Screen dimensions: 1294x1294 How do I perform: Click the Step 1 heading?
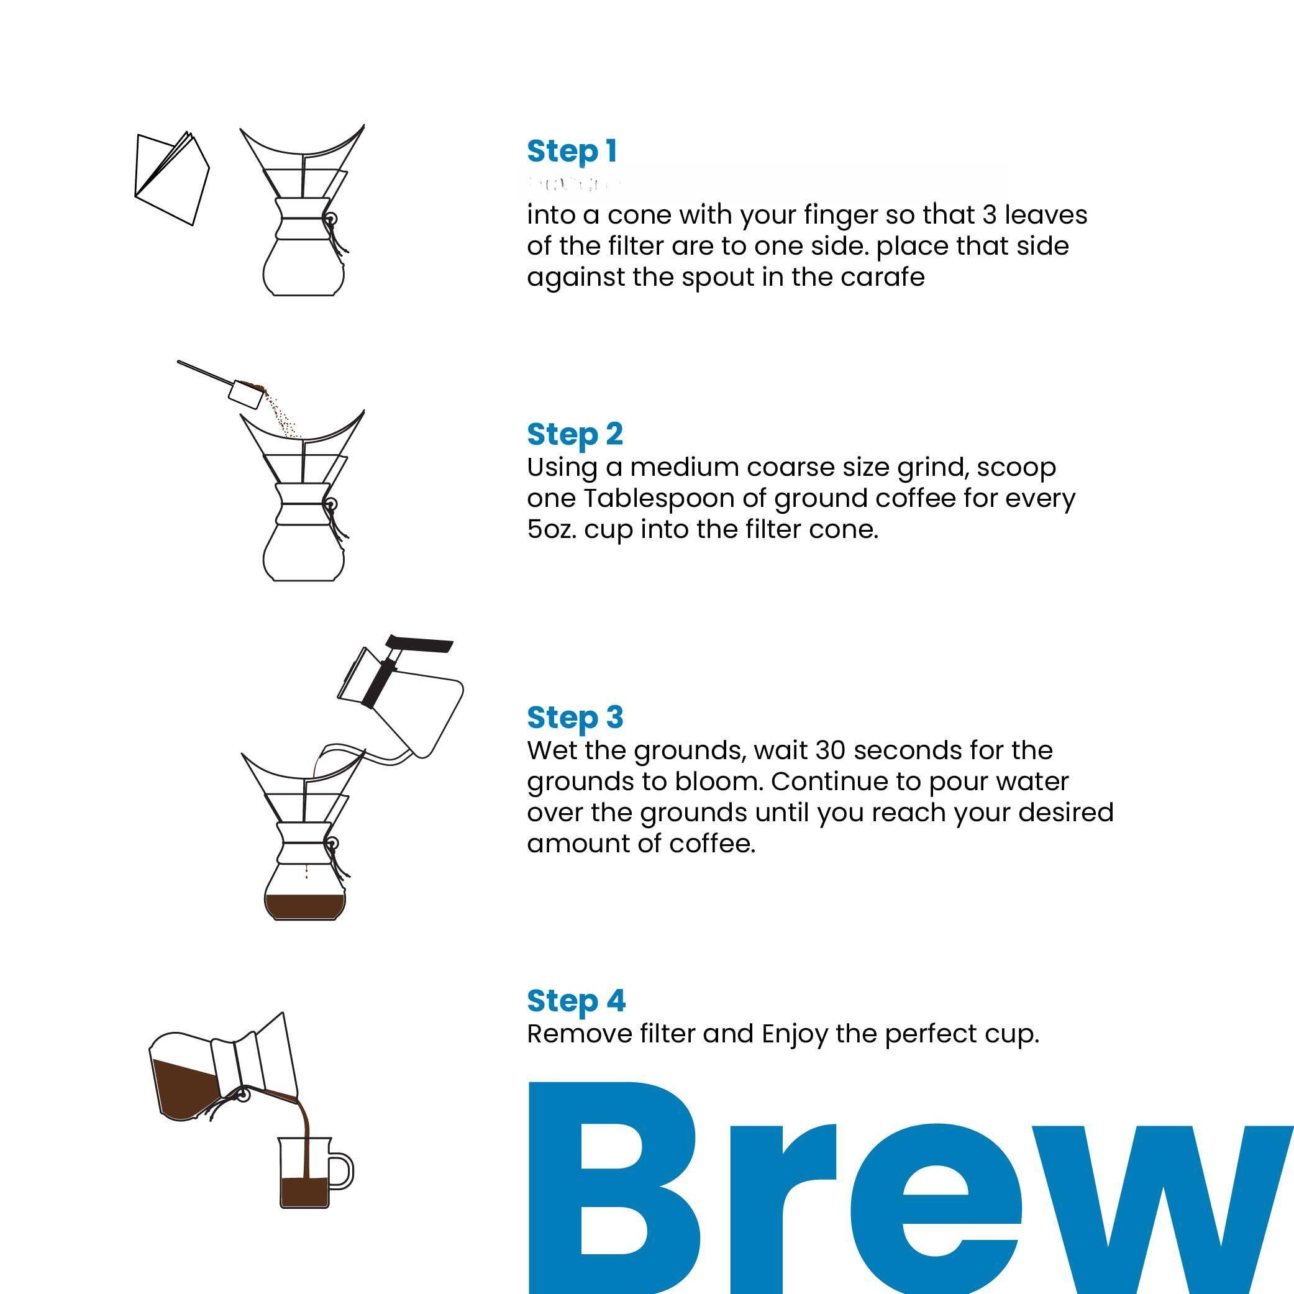572,152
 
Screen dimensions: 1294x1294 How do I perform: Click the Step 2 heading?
575,435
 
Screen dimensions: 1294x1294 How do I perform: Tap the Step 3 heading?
575,718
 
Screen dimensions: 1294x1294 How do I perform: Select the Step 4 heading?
576,1001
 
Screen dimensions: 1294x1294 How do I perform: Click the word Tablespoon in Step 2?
675,499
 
